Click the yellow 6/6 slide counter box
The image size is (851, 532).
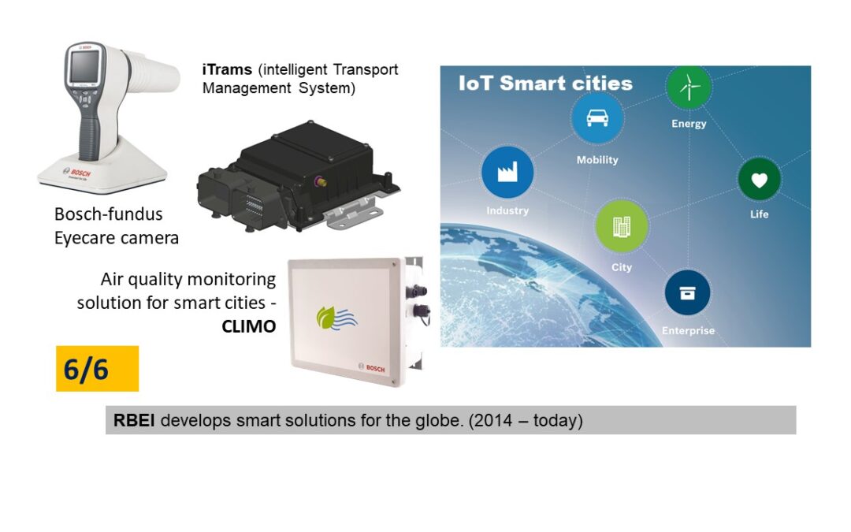pyautogui.click(x=97, y=369)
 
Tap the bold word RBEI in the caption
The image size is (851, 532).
pyautogui.click(x=133, y=420)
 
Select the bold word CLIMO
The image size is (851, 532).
pyautogui.click(x=248, y=326)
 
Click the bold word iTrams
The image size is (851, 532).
pyautogui.click(x=227, y=69)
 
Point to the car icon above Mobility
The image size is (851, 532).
pyautogui.click(x=597, y=117)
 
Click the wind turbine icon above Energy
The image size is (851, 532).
pyautogui.click(x=689, y=87)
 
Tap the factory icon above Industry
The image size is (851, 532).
pyautogui.click(x=507, y=172)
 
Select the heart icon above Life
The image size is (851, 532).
pyautogui.click(x=760, y=180)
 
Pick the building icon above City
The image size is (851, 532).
pyautogui.click(x=622, y=226)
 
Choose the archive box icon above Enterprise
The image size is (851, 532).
pyautogui.click(x=687, y=293)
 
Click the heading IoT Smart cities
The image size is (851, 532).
pyautogui.click(x=545, y=83)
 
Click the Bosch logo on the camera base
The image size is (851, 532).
pyautogui.click(x=77, y=173)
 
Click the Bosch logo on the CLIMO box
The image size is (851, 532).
pyautogui.click(x=372, y=367)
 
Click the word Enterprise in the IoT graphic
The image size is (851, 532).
pyautogui.click(x=688, y=330)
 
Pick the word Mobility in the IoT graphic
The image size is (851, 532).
pyautogui.click(x=597, y=159)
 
